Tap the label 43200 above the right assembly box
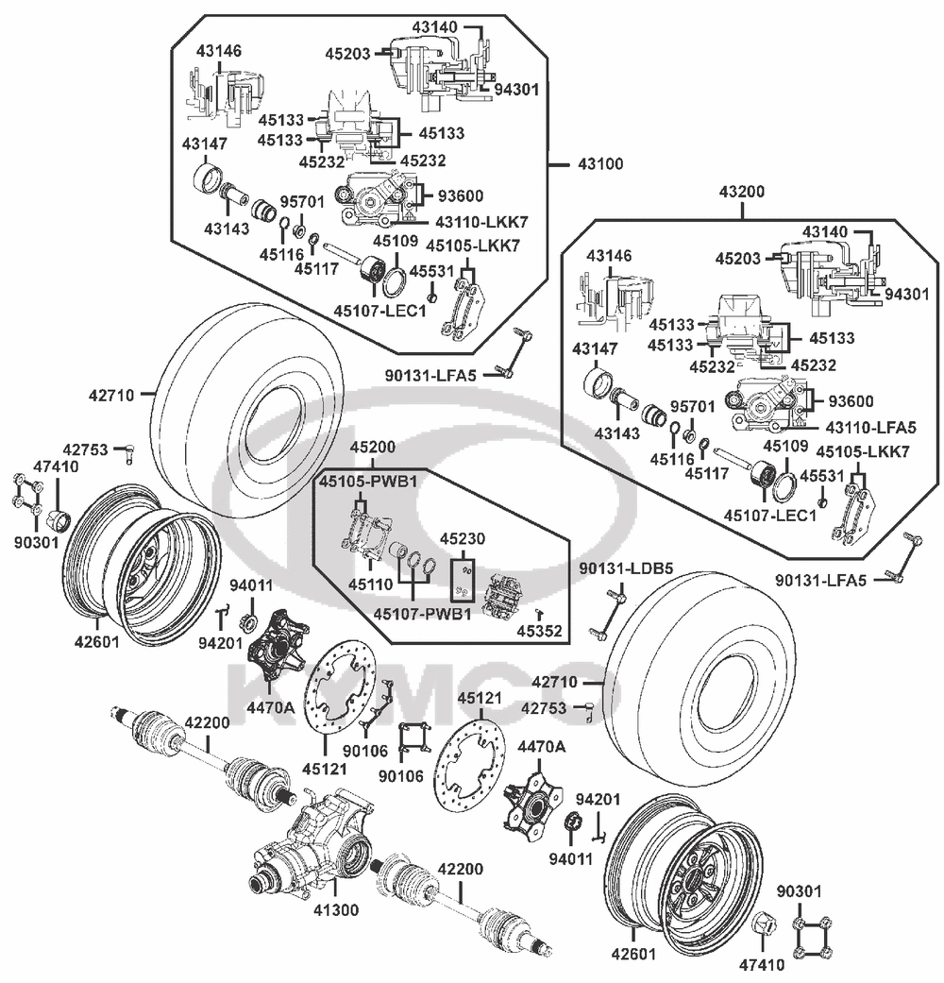(x=742, y=192)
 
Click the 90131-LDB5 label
(x=626, y=568)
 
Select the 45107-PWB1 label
(x=422, y=615)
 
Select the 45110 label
(x=368, y=585)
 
